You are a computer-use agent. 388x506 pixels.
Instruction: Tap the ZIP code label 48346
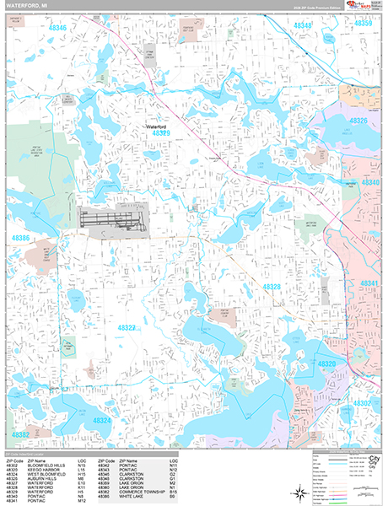coord(57,28)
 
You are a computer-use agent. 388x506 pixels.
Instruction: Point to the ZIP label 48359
coord(363,24)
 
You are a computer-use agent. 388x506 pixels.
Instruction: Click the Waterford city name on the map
coord(158,126)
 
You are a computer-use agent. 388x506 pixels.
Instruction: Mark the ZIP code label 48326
coord(359,121)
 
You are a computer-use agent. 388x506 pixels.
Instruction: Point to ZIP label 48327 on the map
coord(127,327)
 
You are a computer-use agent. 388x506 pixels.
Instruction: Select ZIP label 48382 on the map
coord(21,434)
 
